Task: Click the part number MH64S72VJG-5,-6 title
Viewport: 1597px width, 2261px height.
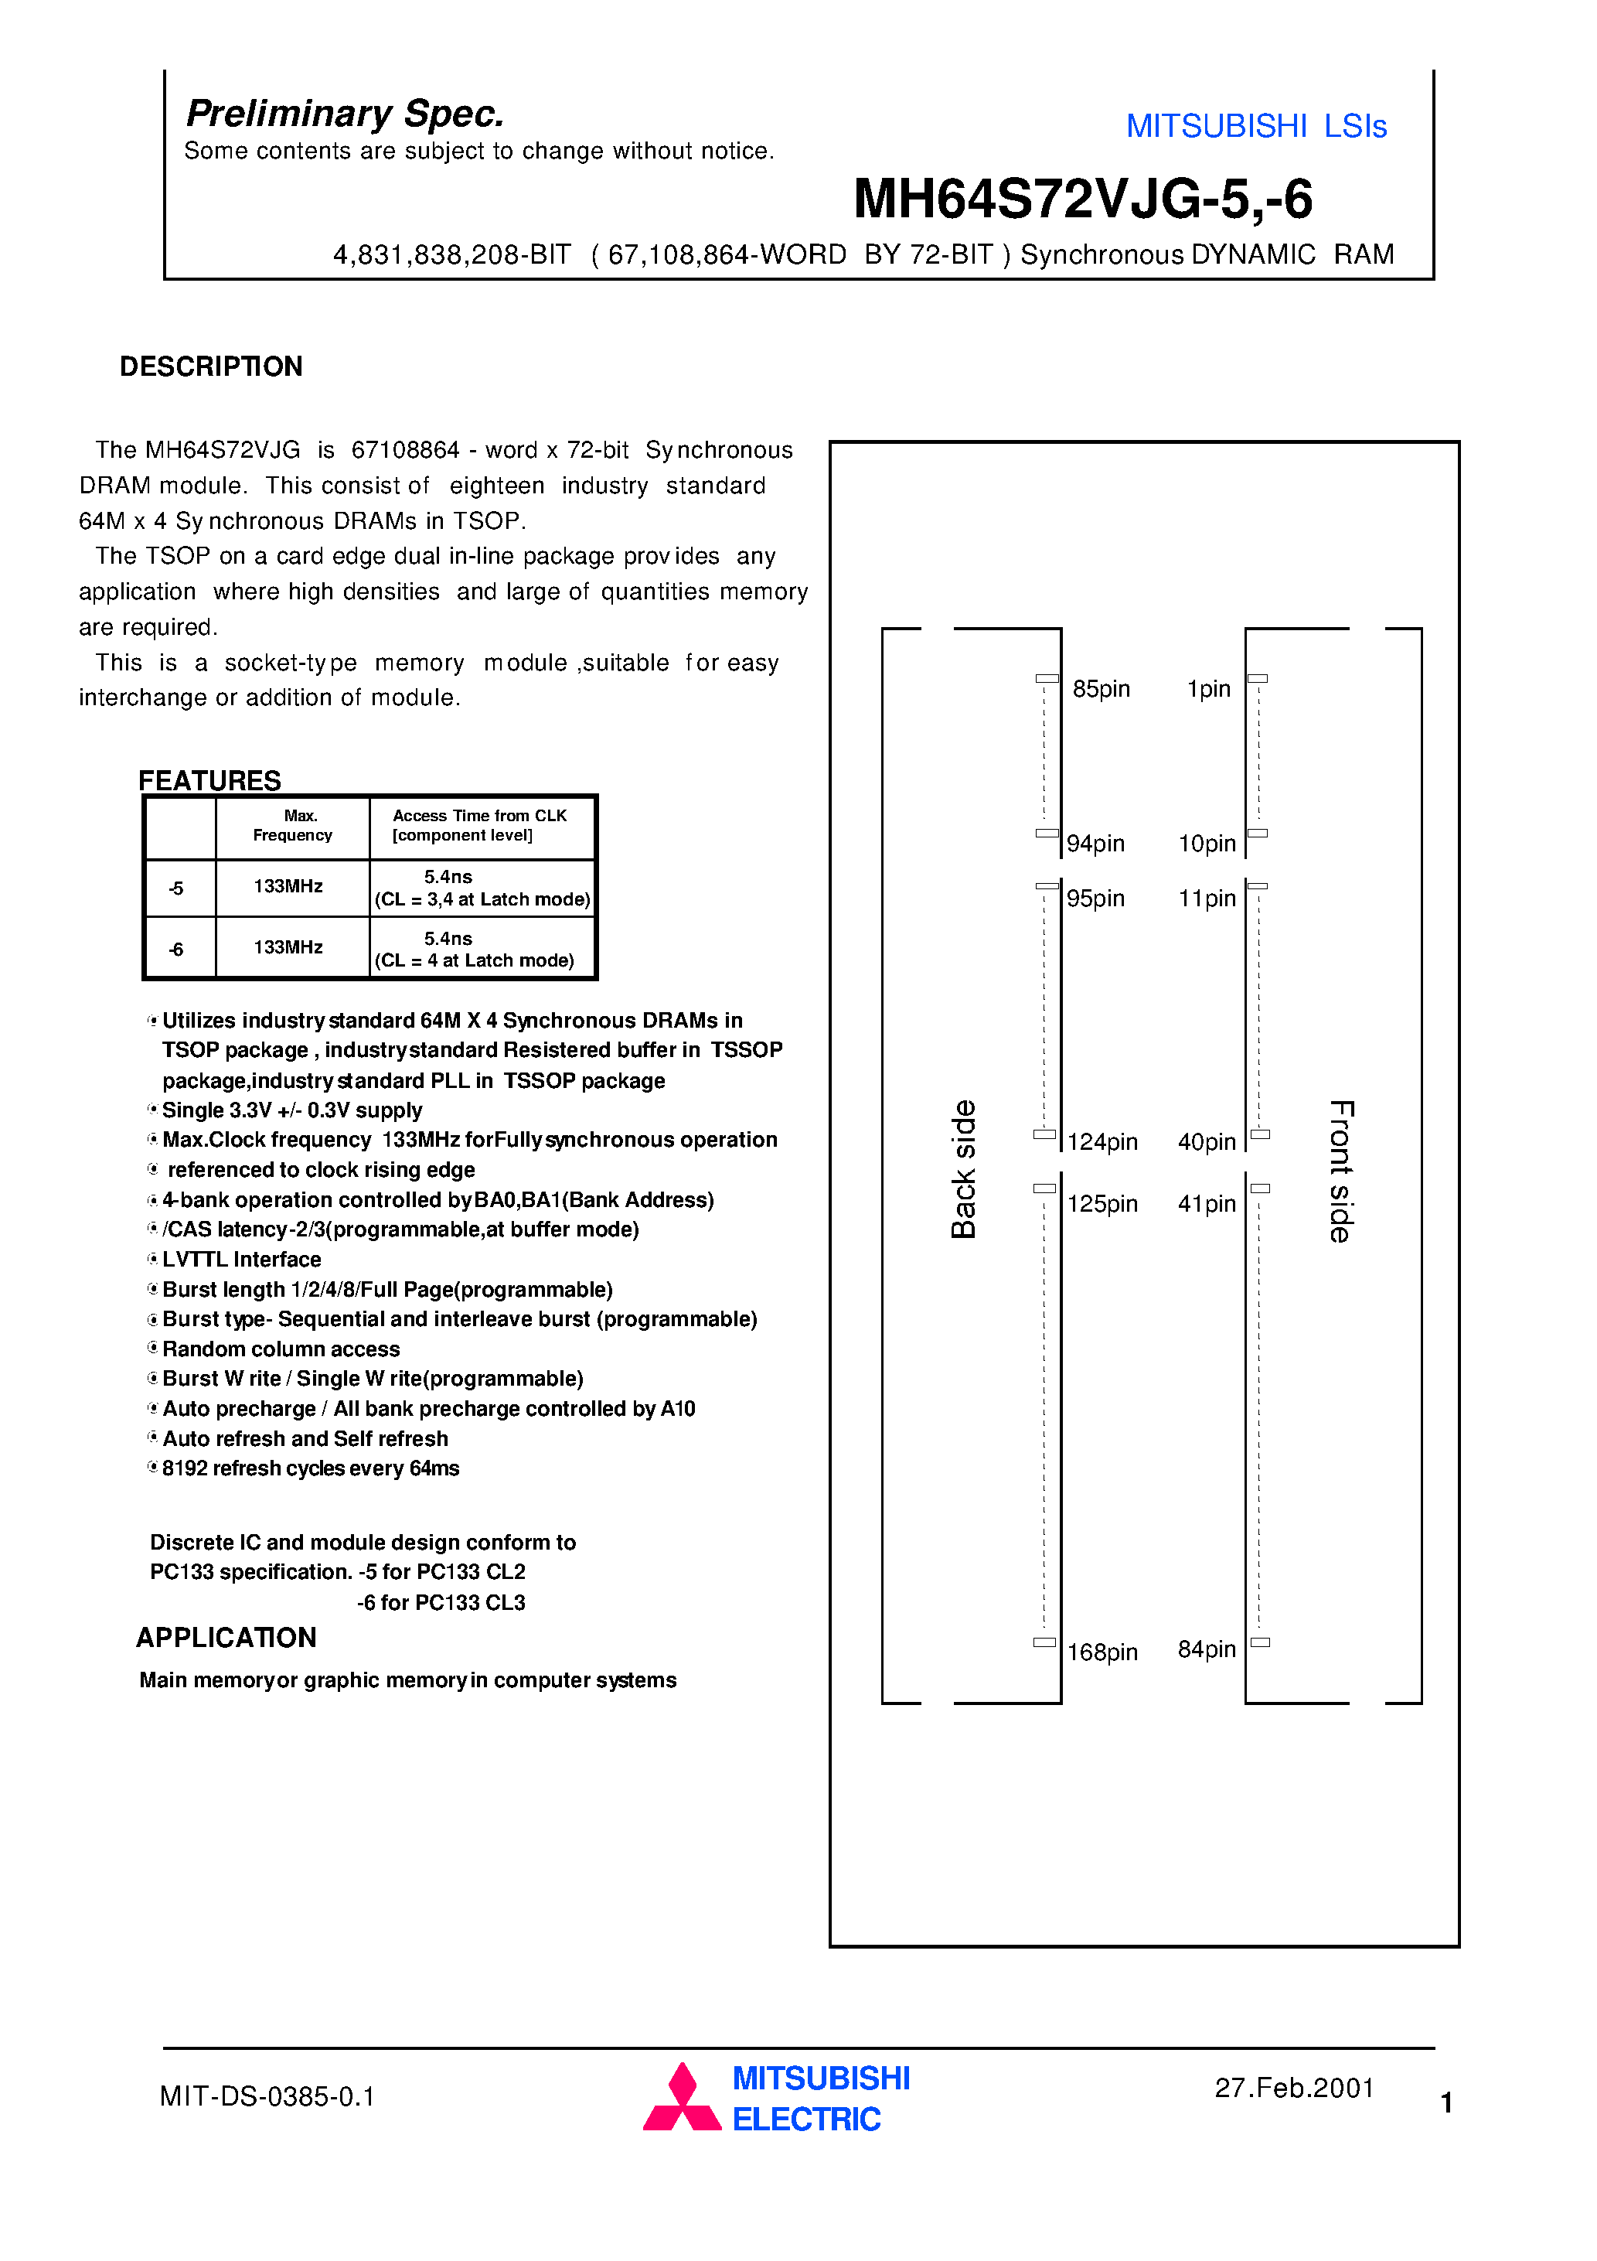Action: (1082, 199)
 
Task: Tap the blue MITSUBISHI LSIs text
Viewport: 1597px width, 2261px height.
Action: (1255, 126)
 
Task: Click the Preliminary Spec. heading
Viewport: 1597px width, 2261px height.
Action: (345, 113)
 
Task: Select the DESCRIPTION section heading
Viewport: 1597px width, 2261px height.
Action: (211, 367)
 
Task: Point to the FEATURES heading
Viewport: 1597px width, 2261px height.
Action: (209, 780)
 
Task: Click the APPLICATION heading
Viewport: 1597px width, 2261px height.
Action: (226, 1637)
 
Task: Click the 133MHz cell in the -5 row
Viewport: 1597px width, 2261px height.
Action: (288, 886)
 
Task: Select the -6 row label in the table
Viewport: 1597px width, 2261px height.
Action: (176, 950)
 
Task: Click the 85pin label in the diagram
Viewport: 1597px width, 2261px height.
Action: (1101, 688)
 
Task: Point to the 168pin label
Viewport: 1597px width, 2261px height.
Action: (1102, 1652)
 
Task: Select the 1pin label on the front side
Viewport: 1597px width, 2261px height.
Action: (1208, 688)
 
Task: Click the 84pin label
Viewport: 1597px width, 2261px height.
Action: (1206, 1649)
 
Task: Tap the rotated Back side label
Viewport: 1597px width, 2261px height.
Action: (963, 1169)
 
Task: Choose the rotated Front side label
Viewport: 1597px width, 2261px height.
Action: (1341, 1171)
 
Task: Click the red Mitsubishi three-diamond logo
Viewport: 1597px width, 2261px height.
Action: (683, 2098)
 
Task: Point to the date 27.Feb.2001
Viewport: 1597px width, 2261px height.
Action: (1294, 2088)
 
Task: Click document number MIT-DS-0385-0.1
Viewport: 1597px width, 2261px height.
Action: (267, 2096)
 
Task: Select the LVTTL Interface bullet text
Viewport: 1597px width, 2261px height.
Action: (241, 1260)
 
